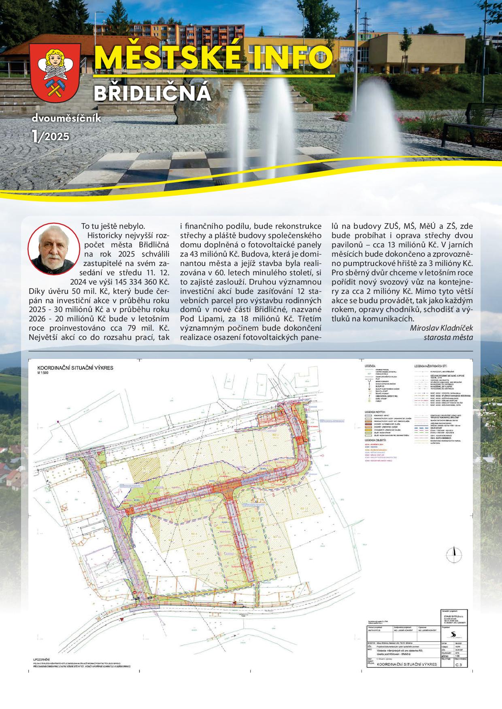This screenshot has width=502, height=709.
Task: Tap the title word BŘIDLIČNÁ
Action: point(152,93)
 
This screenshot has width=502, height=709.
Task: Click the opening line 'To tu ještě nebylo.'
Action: point(113,226)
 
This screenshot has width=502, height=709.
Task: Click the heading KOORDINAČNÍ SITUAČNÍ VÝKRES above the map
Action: point(76,368)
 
